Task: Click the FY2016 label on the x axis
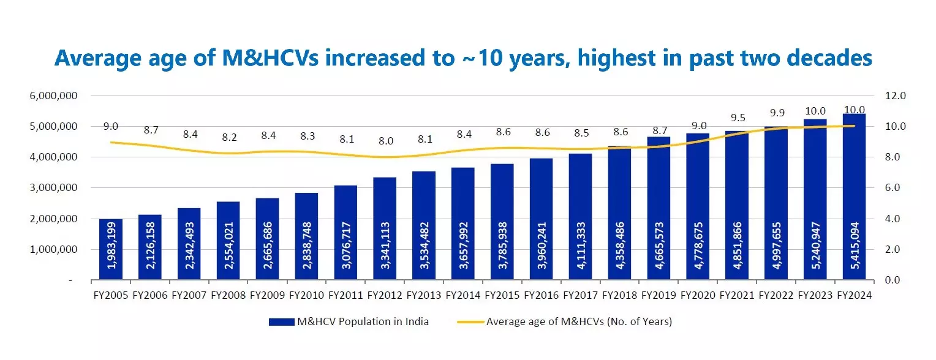[x=542, y=295]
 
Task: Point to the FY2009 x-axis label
[x=267, y=295]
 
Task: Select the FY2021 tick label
[x=737, y=295]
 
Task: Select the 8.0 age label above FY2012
[x=385, y=141]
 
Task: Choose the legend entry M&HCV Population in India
[x=349, y=322]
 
